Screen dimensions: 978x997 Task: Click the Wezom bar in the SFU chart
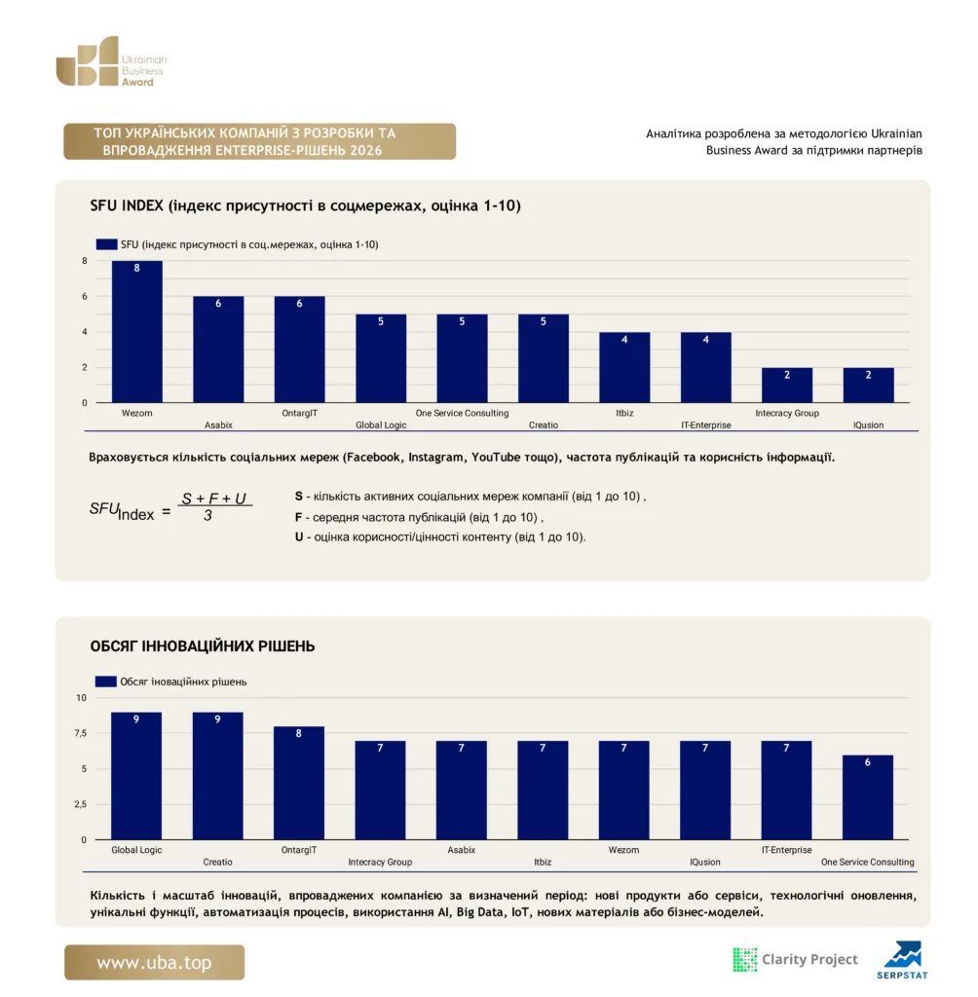tap(136, 331)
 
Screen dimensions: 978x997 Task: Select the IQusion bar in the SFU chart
tap(868, 385)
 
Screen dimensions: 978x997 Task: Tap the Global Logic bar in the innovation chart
tap(136, 776)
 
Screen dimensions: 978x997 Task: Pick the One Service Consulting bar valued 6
tap(867, 797)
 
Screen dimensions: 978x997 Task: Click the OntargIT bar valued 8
tap(298, 783)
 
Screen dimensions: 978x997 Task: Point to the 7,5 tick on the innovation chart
tap(80, 733)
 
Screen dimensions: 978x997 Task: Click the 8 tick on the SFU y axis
tap(85, 261)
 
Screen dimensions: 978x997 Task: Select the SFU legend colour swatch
tap(106, 244)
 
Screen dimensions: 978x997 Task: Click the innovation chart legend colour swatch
tap(105, 681)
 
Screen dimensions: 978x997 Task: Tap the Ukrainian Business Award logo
tap(112, 61)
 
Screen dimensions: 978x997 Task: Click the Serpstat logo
tap(902, 960)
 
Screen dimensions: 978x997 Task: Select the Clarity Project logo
tap(796, 959)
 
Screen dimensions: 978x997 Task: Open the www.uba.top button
tap(154, 962)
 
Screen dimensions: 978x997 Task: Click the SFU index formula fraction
tap(213, 506)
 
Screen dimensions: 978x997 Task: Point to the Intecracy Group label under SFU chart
tap(786, 413)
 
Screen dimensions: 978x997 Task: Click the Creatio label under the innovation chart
tap(217, 863)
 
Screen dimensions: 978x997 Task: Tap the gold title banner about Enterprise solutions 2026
tap(260, 141)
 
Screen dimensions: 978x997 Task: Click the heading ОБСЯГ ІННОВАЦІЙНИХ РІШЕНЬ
tap(203, 646)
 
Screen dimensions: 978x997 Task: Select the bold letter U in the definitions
tap(299, 536)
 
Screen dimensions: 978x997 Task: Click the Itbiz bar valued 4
tap(624, 367)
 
